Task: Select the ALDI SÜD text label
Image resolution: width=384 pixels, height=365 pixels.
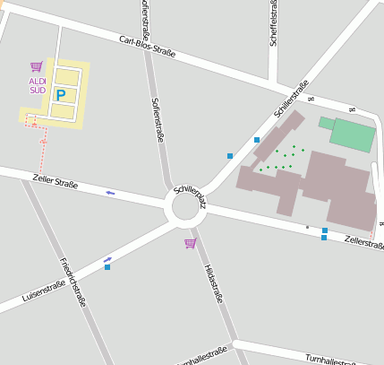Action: (38, 85)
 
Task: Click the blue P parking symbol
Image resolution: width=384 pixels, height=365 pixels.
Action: (61, 94)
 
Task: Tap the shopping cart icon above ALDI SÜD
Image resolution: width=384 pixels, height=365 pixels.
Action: (36, 66)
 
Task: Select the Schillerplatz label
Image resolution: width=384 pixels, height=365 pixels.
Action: (190, 196)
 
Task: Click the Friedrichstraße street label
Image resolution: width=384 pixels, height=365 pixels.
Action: (73, 282)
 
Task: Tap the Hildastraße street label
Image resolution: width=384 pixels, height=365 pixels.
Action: (211, 283)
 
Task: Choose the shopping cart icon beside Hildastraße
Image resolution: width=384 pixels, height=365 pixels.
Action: (190, 243)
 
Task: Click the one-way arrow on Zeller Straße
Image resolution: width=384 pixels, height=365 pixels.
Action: (110, 192)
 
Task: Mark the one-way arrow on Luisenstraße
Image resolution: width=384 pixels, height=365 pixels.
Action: (107, 259)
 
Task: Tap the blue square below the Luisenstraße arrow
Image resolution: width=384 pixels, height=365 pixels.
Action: (107, 266)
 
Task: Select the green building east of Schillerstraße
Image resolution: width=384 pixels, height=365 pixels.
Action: (353, 135)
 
